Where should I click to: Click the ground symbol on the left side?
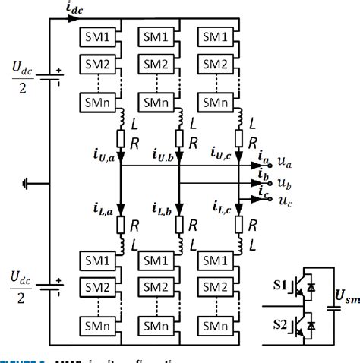tap(27, 183)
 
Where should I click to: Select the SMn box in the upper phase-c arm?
tap(214, 98)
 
